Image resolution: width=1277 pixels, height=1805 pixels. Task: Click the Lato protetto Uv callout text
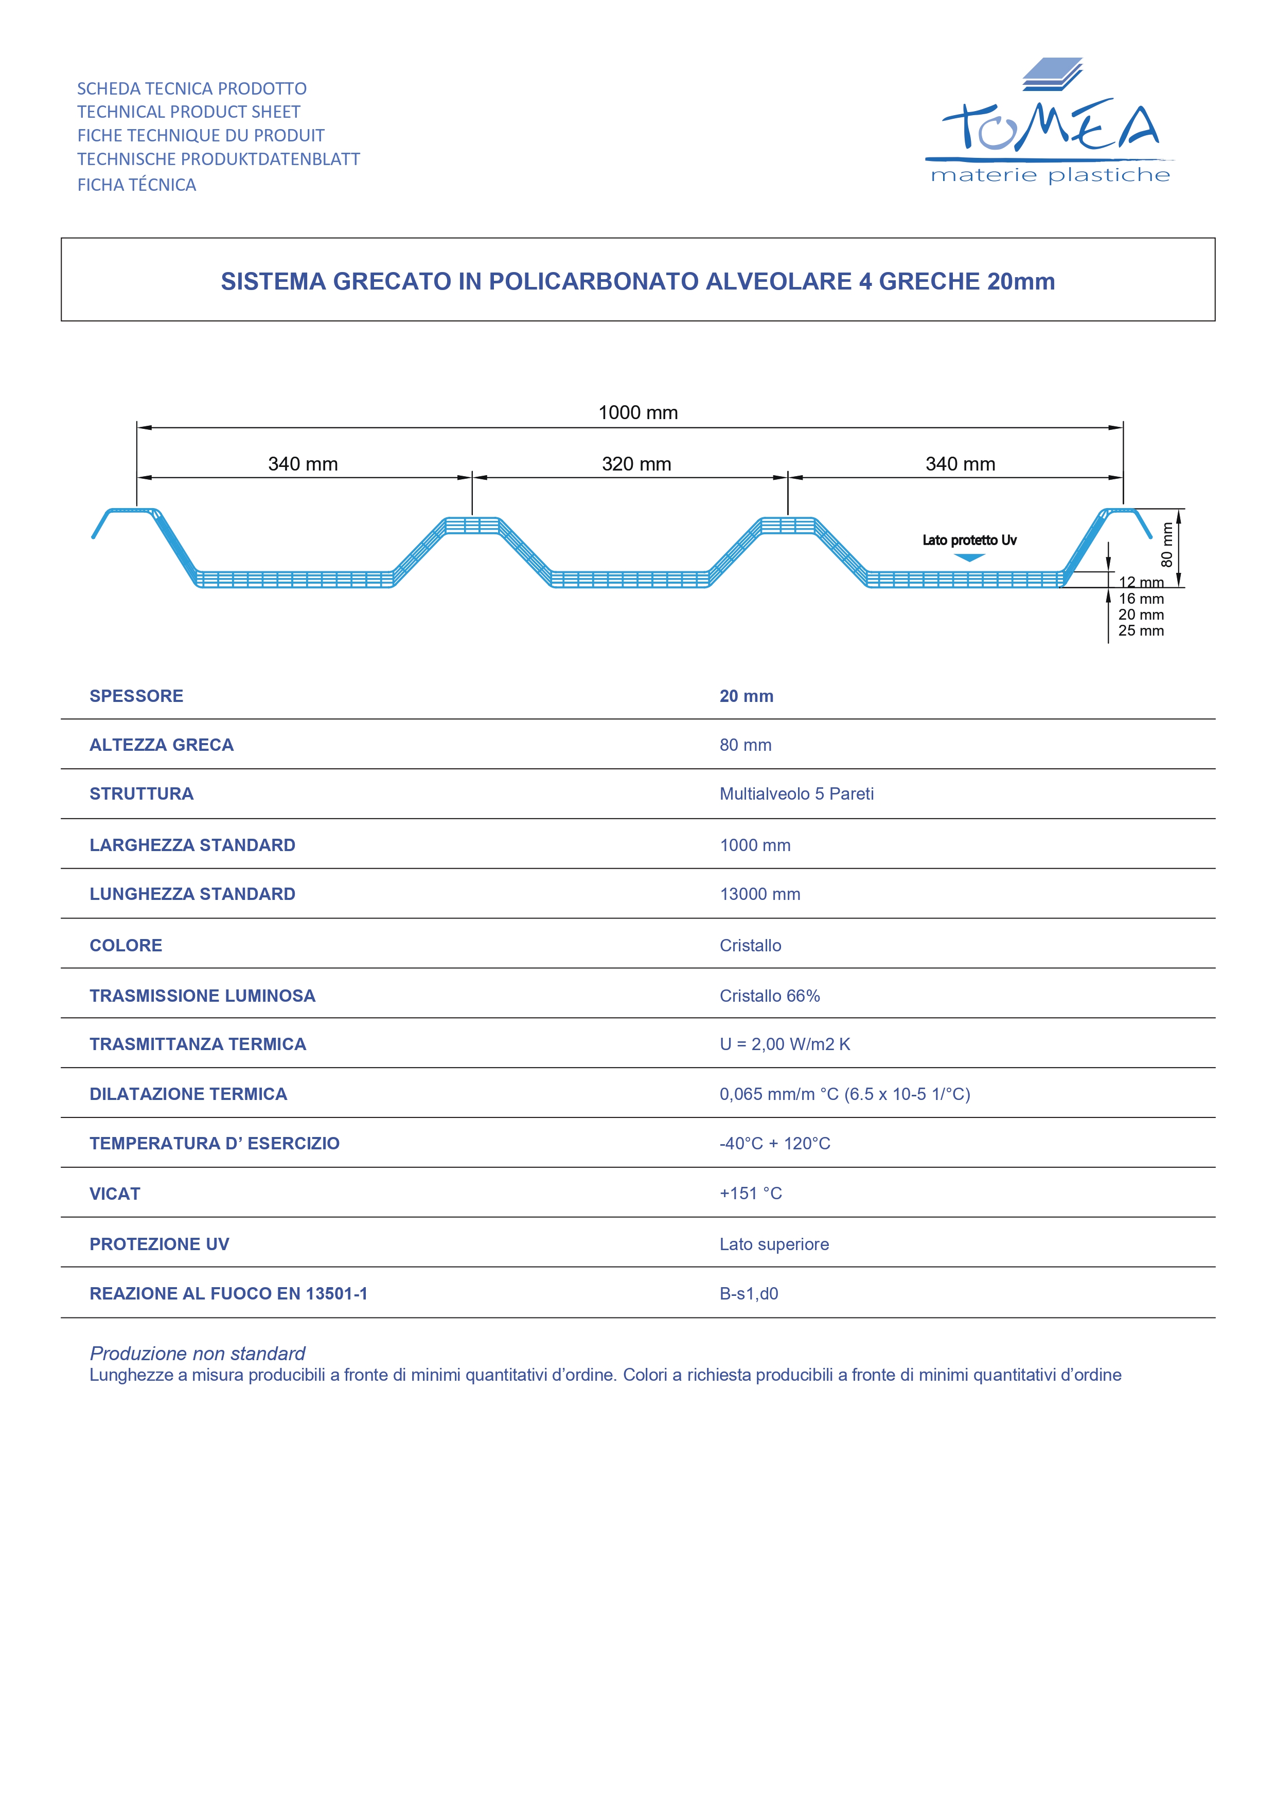pos(969,540)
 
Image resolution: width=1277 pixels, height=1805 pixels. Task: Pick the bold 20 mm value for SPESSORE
pos(746,696)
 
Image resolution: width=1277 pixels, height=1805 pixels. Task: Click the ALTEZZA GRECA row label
pos(161,745)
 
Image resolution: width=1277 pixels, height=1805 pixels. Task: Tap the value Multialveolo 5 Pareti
pos(796,794)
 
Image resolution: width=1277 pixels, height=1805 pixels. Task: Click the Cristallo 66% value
pos(769,996)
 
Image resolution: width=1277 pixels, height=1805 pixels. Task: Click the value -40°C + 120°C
pos(774,1143)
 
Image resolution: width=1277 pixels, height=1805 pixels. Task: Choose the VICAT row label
pos(115,1194)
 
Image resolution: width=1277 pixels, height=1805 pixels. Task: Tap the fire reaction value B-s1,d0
pos(749,1293)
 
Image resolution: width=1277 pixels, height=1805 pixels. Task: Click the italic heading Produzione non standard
pos(198,1353)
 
